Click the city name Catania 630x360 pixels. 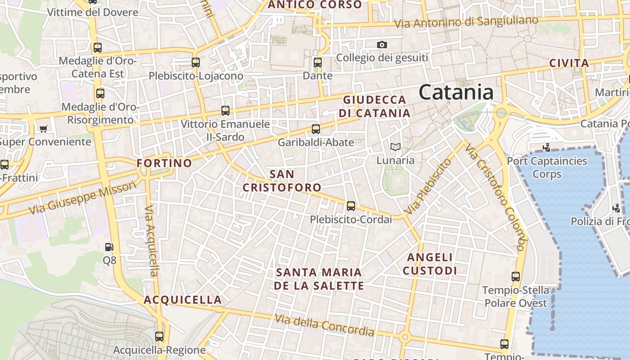(x=456, y=92)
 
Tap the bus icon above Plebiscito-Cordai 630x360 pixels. (x=351, y=206)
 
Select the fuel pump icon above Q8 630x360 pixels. (x=109, y=247)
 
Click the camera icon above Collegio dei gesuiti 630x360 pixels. (x=382, y=45)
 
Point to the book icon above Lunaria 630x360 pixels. (x=395, y=147)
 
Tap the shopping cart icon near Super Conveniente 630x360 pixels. (x=43, y=129)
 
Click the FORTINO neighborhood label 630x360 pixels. (x=164, y=163)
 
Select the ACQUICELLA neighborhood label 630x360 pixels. (x=183, y=300)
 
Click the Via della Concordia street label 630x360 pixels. (x=324, y=325)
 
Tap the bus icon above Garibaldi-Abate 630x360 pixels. (x=316, y=129)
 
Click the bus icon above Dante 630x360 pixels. (x=318, y=63)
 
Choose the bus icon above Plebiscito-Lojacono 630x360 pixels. (x=196, y=63)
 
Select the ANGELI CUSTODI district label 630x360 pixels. (x=430, y=264)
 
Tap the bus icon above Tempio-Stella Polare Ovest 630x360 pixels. (x=516, y=277)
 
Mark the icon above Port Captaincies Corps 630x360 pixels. (x=547, y=147)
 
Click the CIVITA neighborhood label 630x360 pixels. (x=569, y=63)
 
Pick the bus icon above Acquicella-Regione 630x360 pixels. (x=159, y=336)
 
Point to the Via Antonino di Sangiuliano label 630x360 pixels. (x=466, y=22)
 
